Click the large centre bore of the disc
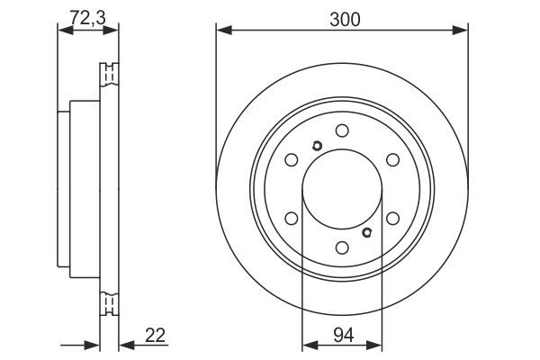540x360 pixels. [341, 188]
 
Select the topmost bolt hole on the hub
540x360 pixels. [341, 130]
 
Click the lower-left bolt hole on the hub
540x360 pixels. [291, 218]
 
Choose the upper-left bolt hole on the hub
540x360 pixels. [291, 159]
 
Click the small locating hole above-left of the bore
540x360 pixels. [316, 148]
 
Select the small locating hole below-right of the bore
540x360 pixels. [365, 232]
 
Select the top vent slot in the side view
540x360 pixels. [109, 73]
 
